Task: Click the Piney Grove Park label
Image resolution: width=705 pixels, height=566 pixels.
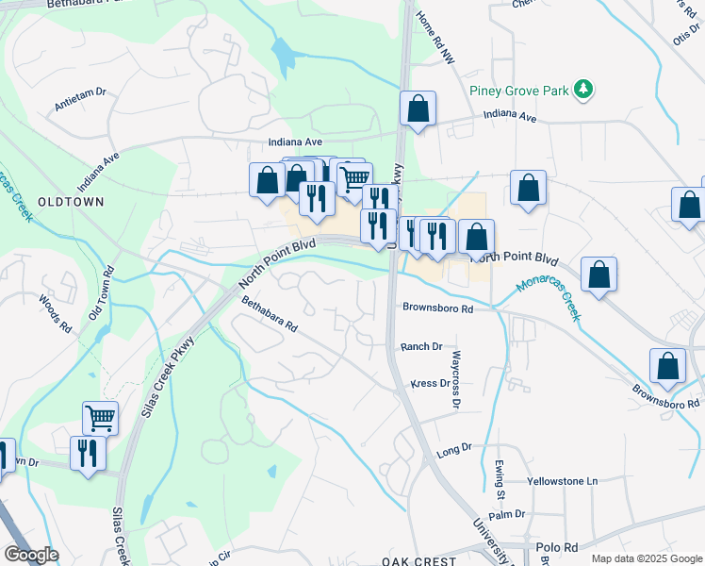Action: click(x=519, y=91)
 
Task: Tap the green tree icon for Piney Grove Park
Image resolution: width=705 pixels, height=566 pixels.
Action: click(x=585, y=90)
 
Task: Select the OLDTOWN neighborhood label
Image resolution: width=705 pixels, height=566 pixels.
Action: click(x=70, y=202)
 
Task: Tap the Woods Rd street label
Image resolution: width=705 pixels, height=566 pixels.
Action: click(x=56, y=314)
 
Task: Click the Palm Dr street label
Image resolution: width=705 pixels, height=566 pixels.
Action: click(x=506, y=514)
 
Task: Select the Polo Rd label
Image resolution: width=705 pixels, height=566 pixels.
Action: click(x=558, y=547)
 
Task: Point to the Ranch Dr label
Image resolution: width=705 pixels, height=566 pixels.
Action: click(x=421, y=347)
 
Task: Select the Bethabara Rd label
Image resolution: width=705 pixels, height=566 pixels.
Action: click(x=270, y=315)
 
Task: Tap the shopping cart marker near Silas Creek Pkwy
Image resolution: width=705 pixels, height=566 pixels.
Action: click(x=100, y=417)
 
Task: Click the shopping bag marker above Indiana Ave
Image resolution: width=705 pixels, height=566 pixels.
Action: click(x=417, y=108)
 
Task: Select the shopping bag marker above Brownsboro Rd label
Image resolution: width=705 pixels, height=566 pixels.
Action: click(x=666, y=368)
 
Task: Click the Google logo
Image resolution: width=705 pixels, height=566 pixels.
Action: click(x=31, y=555)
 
